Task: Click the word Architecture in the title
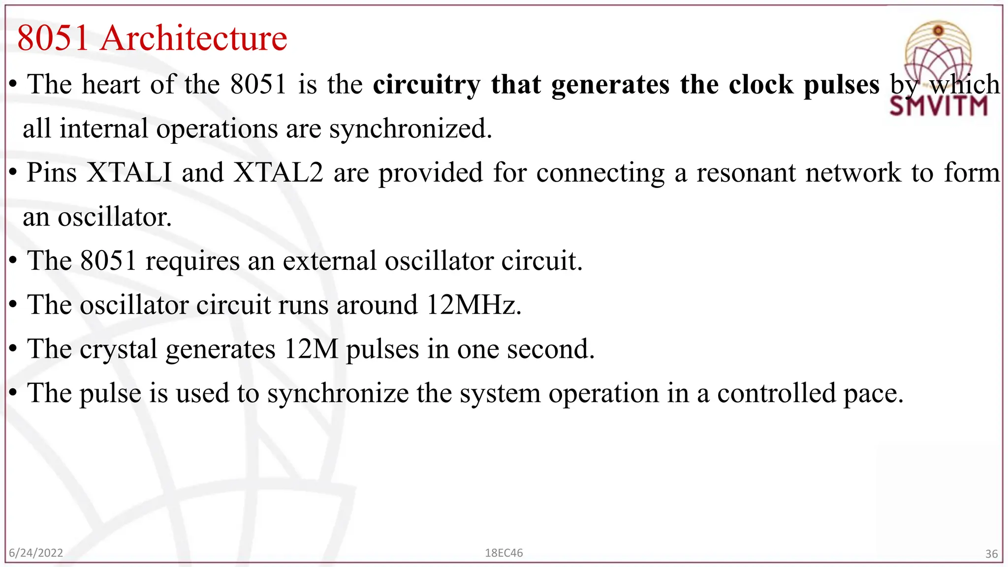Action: click(194, 38)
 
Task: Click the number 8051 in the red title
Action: click(53, 38)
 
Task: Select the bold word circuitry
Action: click(426, 85)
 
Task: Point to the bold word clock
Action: click(761, 85)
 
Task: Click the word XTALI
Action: click(129, 173)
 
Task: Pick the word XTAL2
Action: click(279, 173)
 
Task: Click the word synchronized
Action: click(410, 129)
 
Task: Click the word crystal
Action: click(118, 349)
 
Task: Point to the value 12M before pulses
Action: click(311, 349)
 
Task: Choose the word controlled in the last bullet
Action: click(776, 393)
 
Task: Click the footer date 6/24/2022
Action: click(36, 553)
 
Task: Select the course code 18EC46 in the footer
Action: click(504, 553)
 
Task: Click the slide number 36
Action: click(991, 554)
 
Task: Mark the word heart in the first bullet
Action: click(111, 85)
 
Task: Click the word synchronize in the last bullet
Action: click(338, 394)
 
